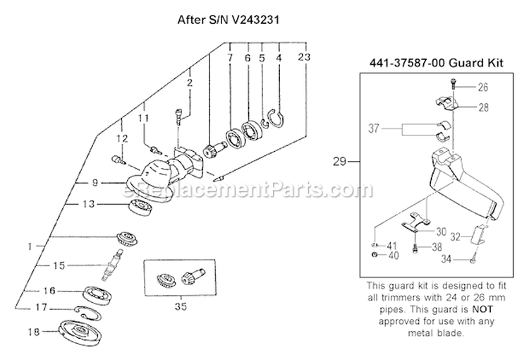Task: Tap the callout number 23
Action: [303, 56]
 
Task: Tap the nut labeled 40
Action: [372, 254]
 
